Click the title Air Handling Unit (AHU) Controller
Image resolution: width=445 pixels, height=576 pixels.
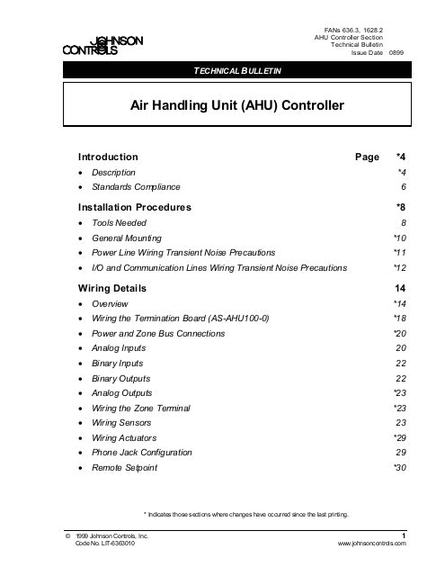point(237,106)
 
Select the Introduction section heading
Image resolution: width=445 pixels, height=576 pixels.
point(108,156)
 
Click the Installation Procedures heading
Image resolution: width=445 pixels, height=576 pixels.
point(135,206)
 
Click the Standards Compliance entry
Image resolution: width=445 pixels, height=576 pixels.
point(138,186)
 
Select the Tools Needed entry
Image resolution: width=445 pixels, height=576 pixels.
point(120,221)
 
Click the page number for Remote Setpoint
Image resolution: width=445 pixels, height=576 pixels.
point(400,468)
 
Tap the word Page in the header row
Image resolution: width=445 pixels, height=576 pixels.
point(367,156)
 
